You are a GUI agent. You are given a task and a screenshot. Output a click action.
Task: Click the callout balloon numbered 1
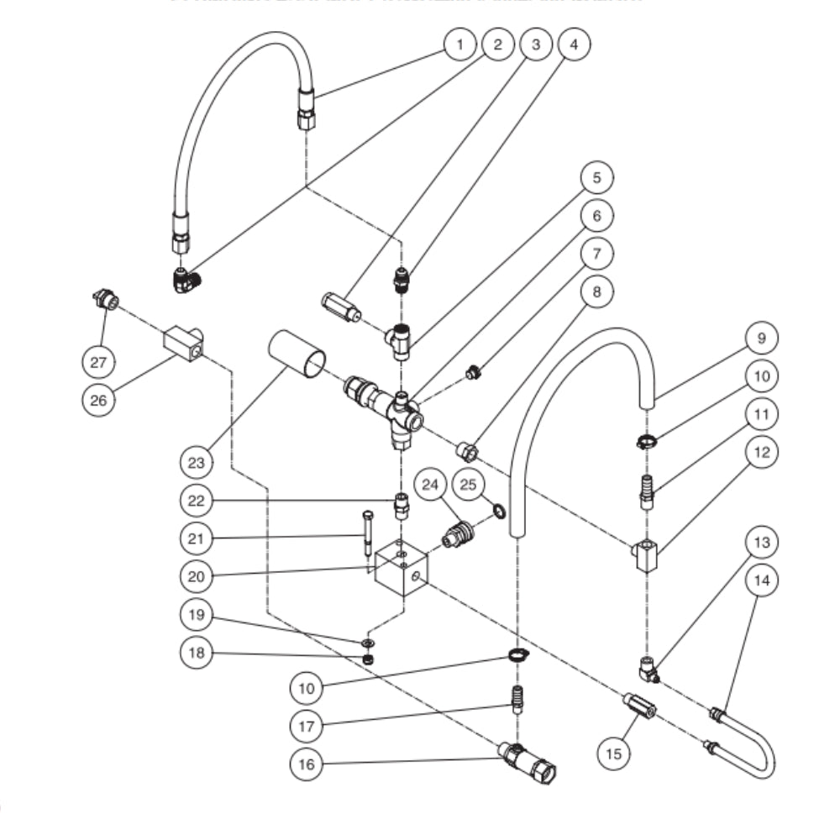[460, 45]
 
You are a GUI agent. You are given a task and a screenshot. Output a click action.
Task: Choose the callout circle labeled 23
[197, 461]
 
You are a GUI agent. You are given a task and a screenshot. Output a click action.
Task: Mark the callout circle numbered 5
[596, 178]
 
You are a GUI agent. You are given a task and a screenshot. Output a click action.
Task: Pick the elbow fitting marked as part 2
[186, 280]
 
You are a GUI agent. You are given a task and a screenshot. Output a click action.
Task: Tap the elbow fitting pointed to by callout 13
[647, 669]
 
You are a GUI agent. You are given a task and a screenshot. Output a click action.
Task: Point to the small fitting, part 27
[105, 299]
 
